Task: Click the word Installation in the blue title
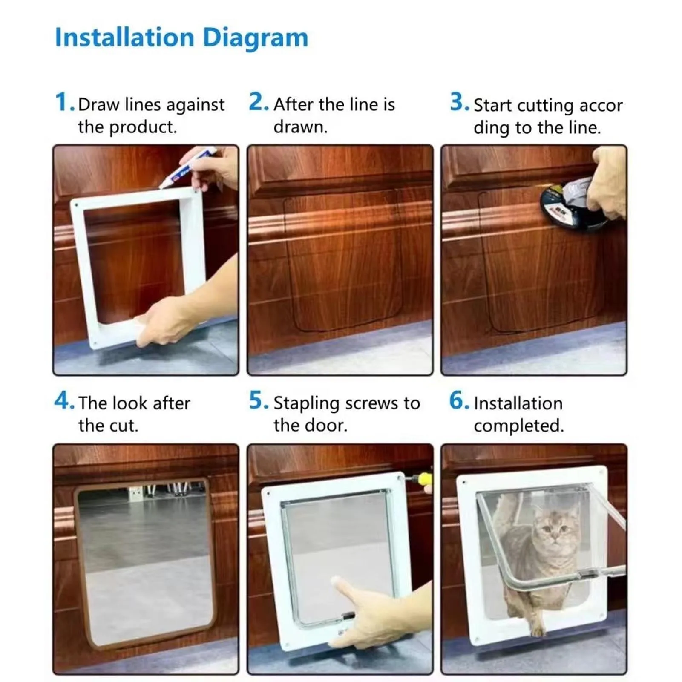[124, 37]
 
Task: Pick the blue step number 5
[258, 401]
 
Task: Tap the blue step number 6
[458, 401]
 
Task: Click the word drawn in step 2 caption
[299, 127]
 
